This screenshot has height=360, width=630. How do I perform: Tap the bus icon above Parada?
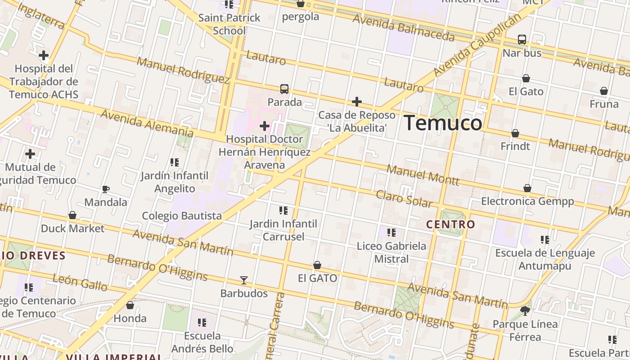point(284,89)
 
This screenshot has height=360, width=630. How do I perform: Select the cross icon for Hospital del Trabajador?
point(44,56)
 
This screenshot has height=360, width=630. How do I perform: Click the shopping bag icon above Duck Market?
point(72,215)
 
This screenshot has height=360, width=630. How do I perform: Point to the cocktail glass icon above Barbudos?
point(244,280)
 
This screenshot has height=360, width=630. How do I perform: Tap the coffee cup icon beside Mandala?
point(106,189)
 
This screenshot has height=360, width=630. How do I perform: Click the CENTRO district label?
point(450,224)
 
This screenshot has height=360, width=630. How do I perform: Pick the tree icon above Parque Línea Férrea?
point(525,310)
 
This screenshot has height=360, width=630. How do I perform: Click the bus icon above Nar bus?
point(522,40)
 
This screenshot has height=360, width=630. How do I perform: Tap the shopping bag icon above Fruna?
point(604,91)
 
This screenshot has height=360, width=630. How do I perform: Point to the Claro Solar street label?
point(404,198)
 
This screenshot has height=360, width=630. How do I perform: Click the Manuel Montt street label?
point(423,175)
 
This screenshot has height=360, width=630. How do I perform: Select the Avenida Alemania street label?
point(147,122)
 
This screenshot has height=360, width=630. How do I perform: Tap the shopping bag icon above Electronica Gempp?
point(527,188)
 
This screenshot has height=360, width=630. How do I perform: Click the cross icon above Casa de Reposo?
point(357,102)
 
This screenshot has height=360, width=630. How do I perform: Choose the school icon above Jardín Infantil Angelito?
point(175,162)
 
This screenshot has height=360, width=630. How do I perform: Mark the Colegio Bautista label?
point(182,216)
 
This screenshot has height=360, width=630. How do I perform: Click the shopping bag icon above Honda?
point(130,305)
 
